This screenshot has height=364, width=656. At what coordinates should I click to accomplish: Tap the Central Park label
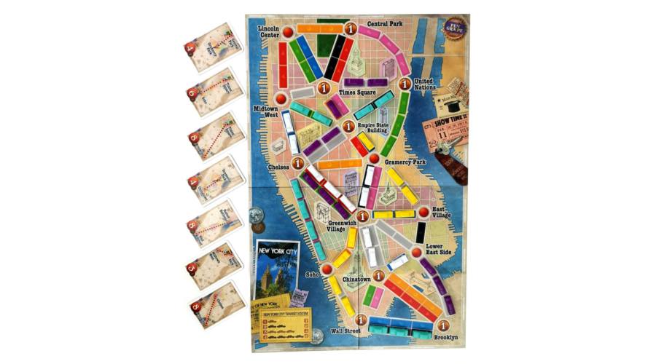pyautogui.click(x=386, y=24)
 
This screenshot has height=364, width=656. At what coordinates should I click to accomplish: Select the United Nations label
pyautogui.click(x=428, y=84)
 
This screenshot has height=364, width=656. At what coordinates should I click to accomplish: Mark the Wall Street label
pyautogui.click(x=345, y=332)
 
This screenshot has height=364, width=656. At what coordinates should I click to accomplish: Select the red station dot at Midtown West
pyautogui.click(x=278, y=98)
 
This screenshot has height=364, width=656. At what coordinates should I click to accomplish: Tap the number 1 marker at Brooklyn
pyautogui.click(x=442, y=325)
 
